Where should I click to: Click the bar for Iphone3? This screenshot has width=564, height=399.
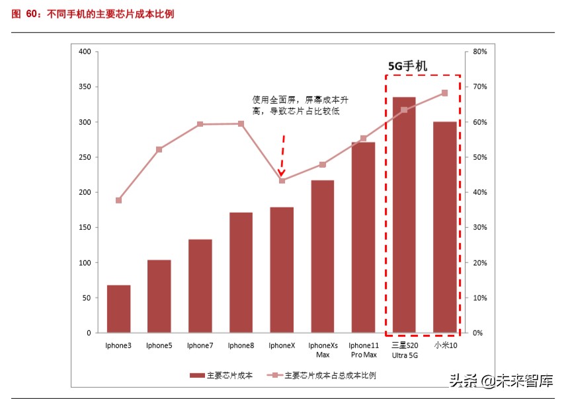click(118, 308)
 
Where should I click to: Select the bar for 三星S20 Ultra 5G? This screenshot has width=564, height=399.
click(404, 215)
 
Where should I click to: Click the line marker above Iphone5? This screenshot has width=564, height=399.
click(159, 149)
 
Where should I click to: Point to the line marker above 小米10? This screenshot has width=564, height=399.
click(444, 93)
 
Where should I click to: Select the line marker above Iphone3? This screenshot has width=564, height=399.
click(118, 200)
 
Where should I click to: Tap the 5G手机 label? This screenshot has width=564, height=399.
click(407, 66)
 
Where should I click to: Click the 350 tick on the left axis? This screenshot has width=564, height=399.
click(84, 87)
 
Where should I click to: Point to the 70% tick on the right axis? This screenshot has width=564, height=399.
click(480, 87)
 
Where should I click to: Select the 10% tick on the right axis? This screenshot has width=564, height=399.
click(480, 298)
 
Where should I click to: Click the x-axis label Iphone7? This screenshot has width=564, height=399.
click(200, 345)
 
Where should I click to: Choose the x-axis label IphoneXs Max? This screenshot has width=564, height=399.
click(323, 349)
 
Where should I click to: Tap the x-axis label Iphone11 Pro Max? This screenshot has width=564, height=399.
click(364, 349)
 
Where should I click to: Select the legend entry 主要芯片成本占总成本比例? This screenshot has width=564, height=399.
click(321, 375)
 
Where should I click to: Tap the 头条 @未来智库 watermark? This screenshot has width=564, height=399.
click(501, 381)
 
